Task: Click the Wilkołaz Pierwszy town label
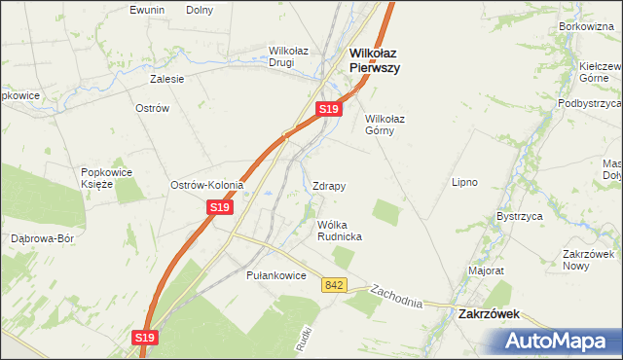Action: click(375, 61)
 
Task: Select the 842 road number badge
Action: click(335, 284)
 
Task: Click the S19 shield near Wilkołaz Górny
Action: click(329, 110)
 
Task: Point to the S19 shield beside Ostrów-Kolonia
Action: click(220, 207)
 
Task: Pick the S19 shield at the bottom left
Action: click(144, 338)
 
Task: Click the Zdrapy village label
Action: click(329, 185)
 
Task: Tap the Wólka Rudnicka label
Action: click(340, 230)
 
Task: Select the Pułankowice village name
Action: click(276, 276)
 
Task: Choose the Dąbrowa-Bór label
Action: click(42, 238)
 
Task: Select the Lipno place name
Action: click(464, 182)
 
